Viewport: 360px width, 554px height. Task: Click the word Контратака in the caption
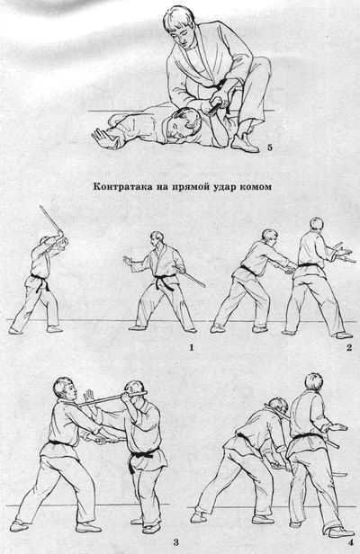pos(122,190)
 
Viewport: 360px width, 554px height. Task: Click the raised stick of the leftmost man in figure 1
pos(49,223)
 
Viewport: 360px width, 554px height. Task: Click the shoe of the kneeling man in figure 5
pos(242,141)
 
